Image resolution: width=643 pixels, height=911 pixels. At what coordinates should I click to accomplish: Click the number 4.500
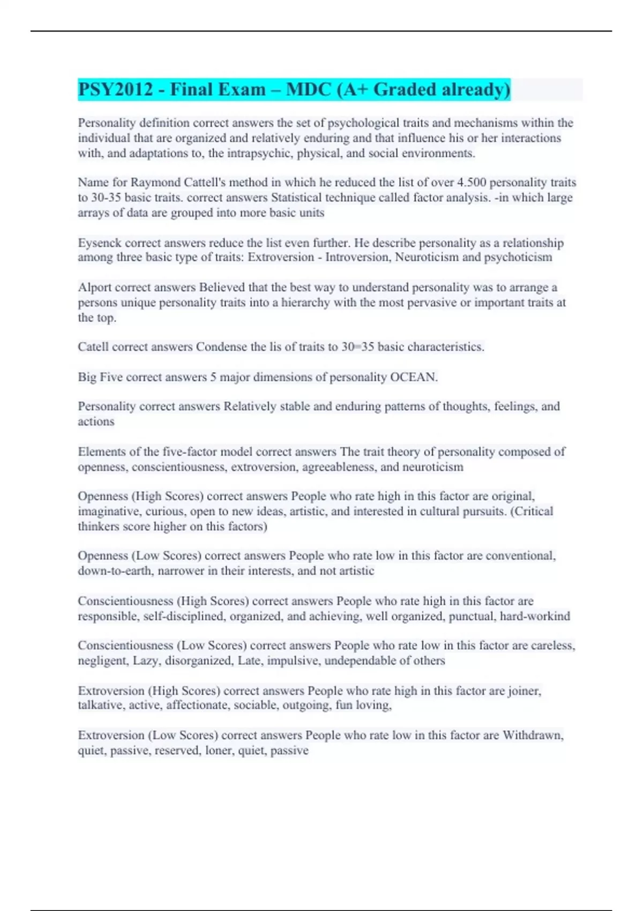click(472, 182)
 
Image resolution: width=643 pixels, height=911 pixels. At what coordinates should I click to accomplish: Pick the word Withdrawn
click(532, 735)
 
